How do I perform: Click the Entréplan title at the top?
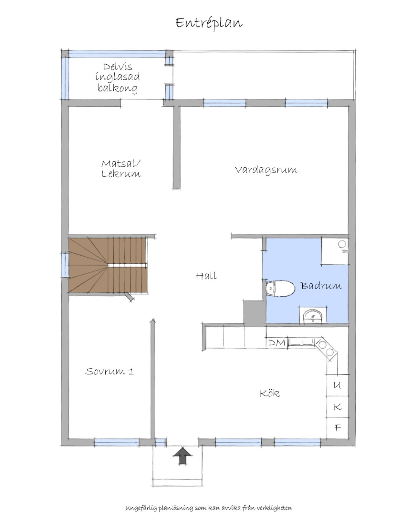pos(209,23)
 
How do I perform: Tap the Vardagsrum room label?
pos(266,170)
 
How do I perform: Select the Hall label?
pos(206,276)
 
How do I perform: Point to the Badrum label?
pos(321,286)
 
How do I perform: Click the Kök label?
pos(270,393)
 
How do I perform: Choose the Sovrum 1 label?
pos(109,371)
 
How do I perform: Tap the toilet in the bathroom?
pos(280,288)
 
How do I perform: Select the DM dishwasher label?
pos(277,343)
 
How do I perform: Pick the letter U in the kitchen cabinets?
pos(337,385)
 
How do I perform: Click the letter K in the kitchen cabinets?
pos(338,407)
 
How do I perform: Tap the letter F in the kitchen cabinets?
pos(338,428)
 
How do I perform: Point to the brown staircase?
pos(108,265)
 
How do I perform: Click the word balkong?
pos(118,88)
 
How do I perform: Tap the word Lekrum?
pos(121,174)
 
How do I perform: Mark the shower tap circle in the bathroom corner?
pos(342,244)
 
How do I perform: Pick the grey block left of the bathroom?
pos(253,312)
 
